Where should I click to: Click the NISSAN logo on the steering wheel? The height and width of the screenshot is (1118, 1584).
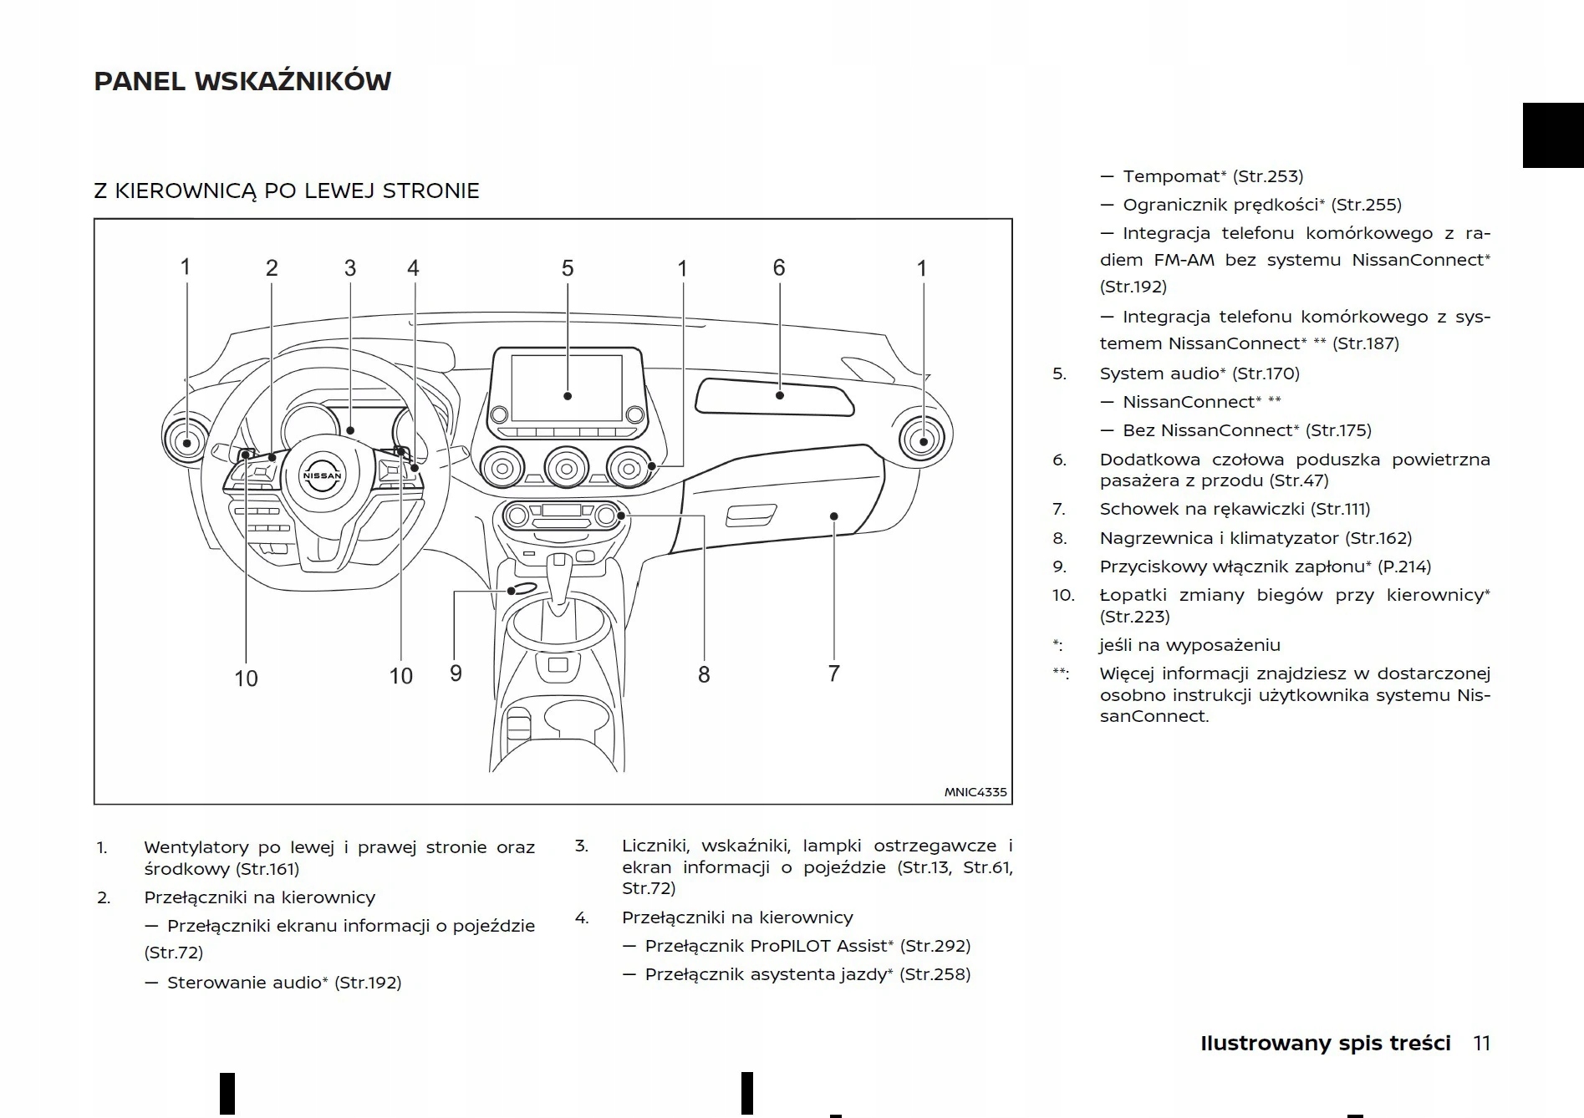coord(322,475)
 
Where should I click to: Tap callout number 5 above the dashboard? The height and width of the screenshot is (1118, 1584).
coord(568,268)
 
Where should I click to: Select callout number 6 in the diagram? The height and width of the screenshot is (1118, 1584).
coord(779,267)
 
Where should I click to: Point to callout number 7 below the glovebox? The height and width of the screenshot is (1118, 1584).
coord(833,673)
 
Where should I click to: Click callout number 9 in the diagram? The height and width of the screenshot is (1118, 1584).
coord(456,673)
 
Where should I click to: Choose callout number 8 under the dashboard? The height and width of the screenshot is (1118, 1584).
coord(704,674)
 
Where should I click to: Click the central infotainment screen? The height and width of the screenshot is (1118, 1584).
coord(567,388)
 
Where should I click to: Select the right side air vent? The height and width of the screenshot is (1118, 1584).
coord(922,440)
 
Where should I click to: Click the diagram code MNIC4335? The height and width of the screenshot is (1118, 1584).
coord(975,792)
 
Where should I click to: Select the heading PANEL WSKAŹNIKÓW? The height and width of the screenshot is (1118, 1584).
coord(242,81)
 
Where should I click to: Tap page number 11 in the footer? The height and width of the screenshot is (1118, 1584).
coord(1481,1044)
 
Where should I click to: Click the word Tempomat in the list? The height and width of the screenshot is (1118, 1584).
coord(1171,176)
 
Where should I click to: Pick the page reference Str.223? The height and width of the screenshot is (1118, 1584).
coord(1134,617)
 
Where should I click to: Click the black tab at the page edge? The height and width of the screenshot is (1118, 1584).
coord(1552,135)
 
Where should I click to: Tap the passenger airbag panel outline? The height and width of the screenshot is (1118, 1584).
coord(775,396)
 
